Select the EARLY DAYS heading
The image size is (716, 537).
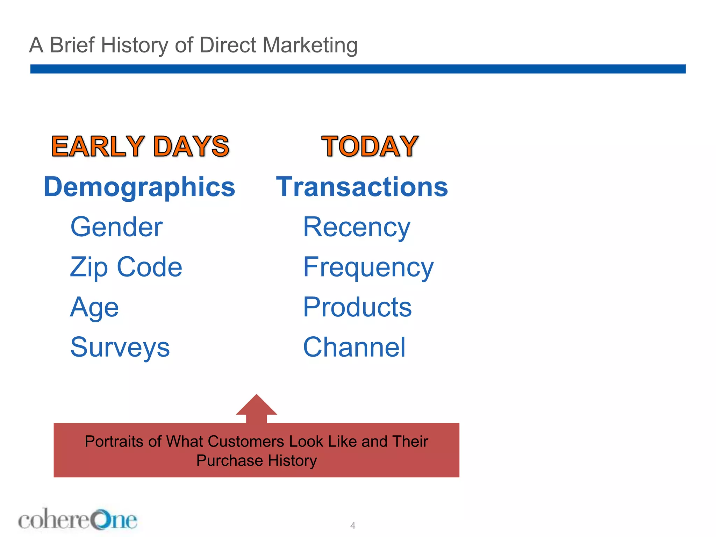pos(140,146)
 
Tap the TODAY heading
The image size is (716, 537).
pos(370,146)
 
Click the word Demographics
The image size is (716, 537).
pos(139,187)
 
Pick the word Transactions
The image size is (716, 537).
pos(362,187)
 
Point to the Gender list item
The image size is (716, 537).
pos(116,227)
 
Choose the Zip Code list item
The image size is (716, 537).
pos(126,267)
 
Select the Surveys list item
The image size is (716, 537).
pos(120,348)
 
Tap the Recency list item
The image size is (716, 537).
pos(357,227)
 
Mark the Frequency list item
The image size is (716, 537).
pos(368,267)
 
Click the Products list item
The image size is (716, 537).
pos(357,307)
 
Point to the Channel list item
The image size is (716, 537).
pos(354,348)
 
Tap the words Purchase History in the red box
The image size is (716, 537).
pos(257,461)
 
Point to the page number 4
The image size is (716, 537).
pos(353,525)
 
